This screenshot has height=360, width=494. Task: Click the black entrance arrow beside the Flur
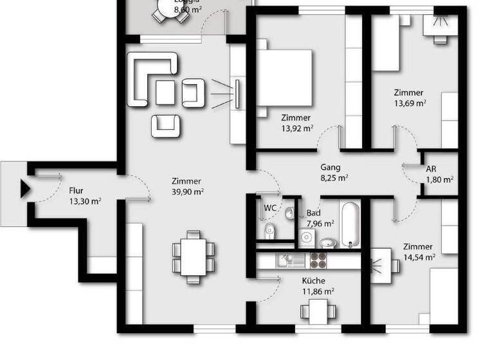pyautogui.click(x=25, y=189)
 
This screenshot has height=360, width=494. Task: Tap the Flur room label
pyautogui.click(x=77, y=190)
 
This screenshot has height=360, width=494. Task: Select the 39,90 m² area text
pyautogui.click(x=188, y=192)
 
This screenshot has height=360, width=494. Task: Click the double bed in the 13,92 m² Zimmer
pyautogui.click(x=286, y=77)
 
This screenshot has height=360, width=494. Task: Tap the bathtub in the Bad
pyautogui.click(x=350, y=225)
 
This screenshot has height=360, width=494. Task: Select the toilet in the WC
pyautogui.click(x=269, y=230)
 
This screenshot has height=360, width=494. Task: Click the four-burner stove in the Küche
pyautogui.click(x=318, y=260)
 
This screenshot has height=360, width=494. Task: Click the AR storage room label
pyautogui.click(x=430, y=170)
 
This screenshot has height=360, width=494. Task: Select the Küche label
pyautogui.click(x=314, y=281)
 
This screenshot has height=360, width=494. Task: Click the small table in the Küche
pyautogui.click(x=318, y=312)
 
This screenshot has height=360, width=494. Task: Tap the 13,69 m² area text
pyautogui.click(x=409, y=103)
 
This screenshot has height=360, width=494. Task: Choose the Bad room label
pyautogui.click(x=313, y=213)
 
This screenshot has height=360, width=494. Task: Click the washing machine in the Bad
pyautogui.click(x=307, y=237)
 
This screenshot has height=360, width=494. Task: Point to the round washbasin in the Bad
pyautogui.click(x=327, y=243)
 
